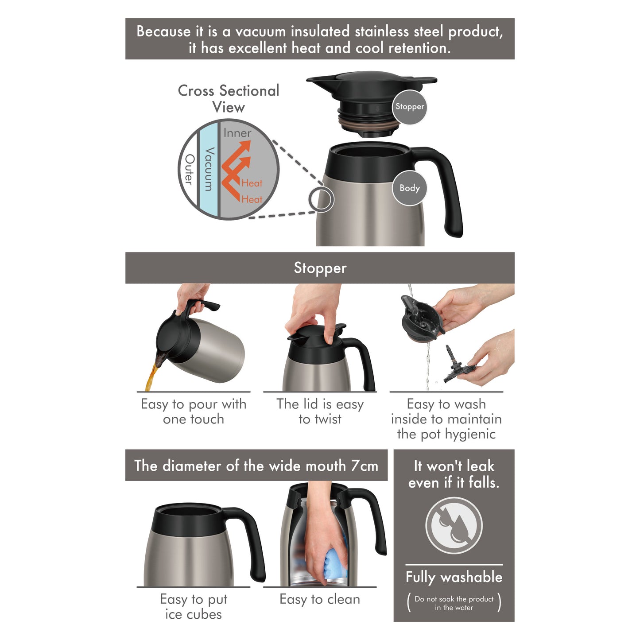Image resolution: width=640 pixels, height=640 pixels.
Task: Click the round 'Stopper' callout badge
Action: [x=410, y=107]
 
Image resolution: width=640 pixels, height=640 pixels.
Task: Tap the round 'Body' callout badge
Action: [x=410, y=188]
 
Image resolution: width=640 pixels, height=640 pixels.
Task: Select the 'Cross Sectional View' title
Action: [x=229, y=99]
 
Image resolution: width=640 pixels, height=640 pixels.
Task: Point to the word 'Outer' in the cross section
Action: [x=189, y=170]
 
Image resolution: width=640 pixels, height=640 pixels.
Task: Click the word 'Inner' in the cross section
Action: [x=237, y=133]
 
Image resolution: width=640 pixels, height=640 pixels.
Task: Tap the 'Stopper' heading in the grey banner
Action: [x=320, y=268]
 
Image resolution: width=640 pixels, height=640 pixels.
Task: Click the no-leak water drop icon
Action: [x=454, y=525]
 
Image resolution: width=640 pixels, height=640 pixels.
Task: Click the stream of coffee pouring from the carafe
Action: [x=151, y=379]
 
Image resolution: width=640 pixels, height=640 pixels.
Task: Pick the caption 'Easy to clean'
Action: [x=320, y=599]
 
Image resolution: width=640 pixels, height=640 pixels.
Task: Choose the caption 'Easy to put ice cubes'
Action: [x=194, y=607]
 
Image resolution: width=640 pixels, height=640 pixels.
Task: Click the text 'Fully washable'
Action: [x=454, y=577]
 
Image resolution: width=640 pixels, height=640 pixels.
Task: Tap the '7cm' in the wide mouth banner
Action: [x=365, y=465]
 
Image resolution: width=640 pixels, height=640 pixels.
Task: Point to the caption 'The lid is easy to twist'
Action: [x=320, y=411]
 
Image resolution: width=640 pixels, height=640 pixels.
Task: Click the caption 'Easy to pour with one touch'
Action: [x=194, y=411]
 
